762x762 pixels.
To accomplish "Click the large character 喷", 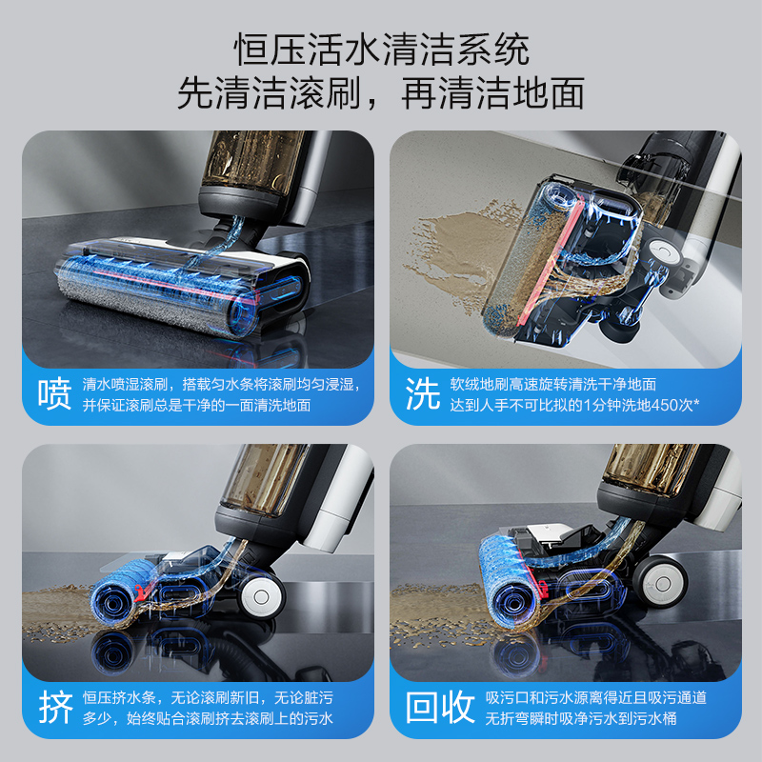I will [x=55, y=394].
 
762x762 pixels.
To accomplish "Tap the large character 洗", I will [x=423, y=394].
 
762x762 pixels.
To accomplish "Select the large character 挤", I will [x=55, y=708].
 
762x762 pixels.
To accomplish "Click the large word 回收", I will [x=440, y=708].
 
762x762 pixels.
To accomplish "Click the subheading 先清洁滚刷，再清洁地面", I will [x=381, y=93].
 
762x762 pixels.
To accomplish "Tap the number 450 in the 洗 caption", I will [x=664, y=405].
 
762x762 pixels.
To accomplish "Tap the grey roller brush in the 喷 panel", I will [x=152, y=295].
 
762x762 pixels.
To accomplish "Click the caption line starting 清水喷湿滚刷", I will [x=220, y=384].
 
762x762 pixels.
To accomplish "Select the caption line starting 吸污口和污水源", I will [x=596, y=698].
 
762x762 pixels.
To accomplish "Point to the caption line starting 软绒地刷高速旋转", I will [x=553, y=384].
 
